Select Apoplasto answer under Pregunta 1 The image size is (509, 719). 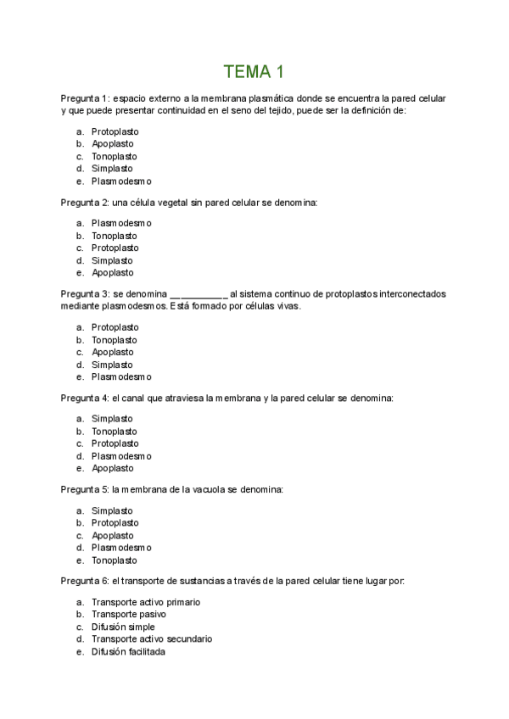112,144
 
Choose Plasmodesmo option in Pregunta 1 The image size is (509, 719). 121,181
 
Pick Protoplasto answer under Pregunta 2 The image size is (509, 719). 115,248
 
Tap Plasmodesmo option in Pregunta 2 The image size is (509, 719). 121,224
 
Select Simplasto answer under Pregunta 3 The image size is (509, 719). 112,365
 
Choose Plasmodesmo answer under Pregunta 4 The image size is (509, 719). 121,456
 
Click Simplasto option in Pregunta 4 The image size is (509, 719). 112,419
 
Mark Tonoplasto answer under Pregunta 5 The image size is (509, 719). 114,560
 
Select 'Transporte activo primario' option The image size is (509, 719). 145,602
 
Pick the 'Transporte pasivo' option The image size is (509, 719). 129,614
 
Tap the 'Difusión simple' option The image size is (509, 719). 123,627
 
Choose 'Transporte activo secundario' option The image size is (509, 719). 152,638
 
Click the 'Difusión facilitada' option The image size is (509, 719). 128,651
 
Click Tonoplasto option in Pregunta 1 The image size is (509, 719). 114,156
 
